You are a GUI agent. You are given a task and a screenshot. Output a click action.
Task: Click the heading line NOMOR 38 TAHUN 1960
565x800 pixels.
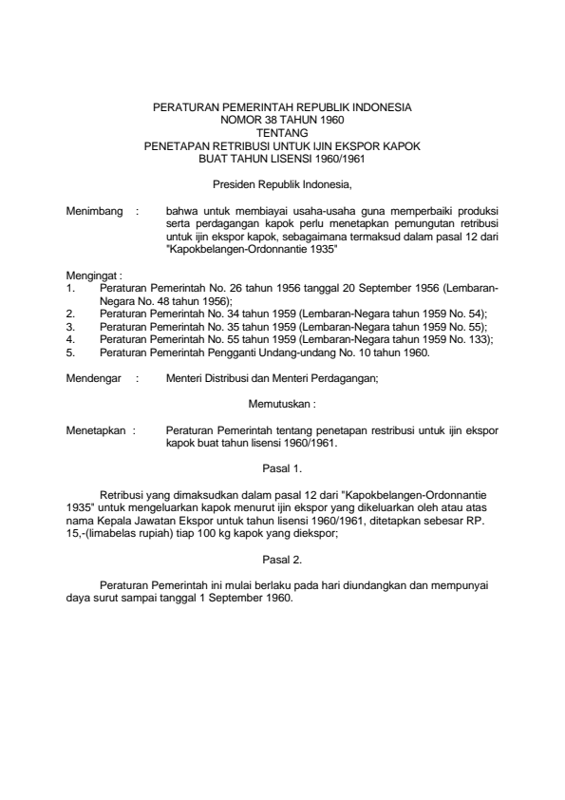(282, 122)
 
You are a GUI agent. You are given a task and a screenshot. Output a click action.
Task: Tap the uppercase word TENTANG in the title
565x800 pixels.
(282, 134)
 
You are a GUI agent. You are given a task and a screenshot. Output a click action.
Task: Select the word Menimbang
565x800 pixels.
(95, 210)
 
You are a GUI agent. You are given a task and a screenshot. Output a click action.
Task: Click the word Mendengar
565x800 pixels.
(95, 379)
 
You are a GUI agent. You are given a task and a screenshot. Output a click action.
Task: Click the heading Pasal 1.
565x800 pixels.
(282, 467)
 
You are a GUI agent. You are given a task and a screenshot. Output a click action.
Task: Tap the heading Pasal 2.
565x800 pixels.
(282, 561)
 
